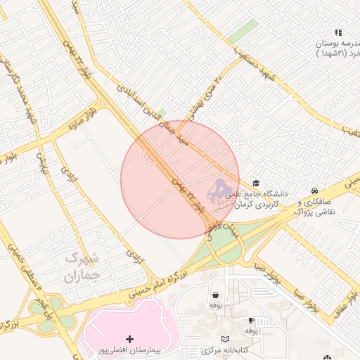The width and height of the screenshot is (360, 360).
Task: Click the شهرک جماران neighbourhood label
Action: click(82, 267)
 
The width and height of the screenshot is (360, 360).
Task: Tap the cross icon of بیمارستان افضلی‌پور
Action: click(129, 340)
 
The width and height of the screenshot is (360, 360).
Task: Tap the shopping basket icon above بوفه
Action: click(214, 295)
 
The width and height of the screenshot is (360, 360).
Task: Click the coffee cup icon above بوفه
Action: click(252, 320)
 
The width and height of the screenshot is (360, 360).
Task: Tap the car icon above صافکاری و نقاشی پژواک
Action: click(315, 191)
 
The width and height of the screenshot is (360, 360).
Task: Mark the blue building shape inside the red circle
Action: click(221, 191)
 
